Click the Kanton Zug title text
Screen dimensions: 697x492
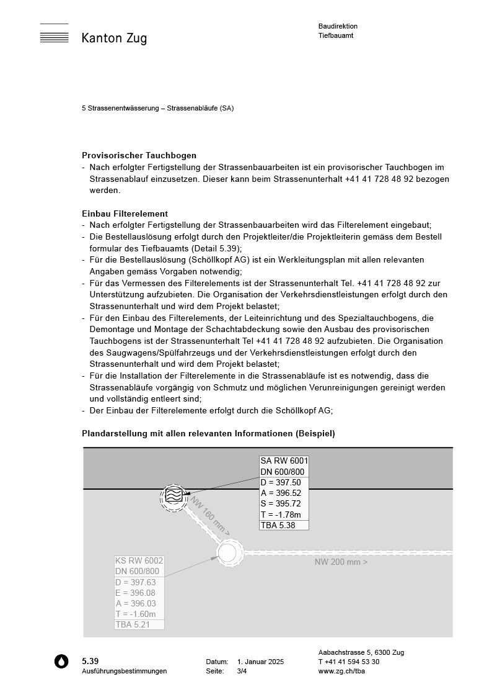point(114,38)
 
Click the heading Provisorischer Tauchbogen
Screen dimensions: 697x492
point(139,155)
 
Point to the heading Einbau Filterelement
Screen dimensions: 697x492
point(125,214)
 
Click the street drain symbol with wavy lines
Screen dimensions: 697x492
point(174,497)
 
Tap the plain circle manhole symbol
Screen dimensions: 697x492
point(228,552)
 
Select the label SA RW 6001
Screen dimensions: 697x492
point(284,461)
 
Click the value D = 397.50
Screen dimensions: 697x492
point(281,482)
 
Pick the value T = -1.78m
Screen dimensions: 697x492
point(281,515)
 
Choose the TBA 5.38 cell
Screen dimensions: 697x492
point(278,525)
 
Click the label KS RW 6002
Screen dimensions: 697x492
point(139,560)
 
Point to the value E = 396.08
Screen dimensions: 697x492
point(135,593)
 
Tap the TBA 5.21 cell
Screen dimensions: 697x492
point(133,624)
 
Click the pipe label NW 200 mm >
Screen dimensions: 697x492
point(341,562)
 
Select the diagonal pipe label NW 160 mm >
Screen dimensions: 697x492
point(209,516)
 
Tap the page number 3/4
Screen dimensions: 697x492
point(242,671)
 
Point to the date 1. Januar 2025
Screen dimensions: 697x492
point(260,662)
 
